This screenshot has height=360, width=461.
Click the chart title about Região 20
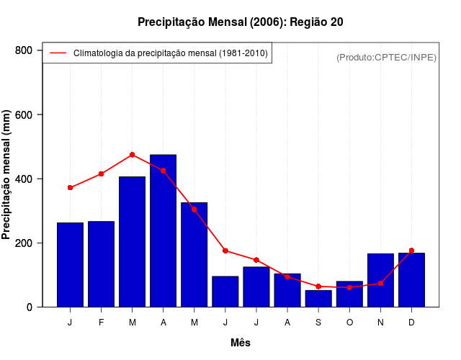(x=240, y=22)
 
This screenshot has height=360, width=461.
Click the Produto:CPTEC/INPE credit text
(x=386, y=58)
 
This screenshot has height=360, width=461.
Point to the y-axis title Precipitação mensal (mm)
(x=7, y=175)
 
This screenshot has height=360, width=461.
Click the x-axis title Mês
(x=241, y=343)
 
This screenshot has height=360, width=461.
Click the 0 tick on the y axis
(x=30, y=307)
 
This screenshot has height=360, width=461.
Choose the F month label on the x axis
(x=102, y=323)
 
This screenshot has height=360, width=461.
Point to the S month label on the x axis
(x=318, y=323)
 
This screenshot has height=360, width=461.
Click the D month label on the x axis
(x=411, y=323)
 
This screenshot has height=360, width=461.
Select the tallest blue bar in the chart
(x=164, y=230)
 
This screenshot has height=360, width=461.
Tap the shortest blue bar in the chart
(x=318, y=299)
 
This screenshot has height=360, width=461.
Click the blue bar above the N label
(x=380, y=280)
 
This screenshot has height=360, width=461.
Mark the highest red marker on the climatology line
(x=133, y=155)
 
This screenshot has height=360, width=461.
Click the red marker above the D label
(x=411, y=251)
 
